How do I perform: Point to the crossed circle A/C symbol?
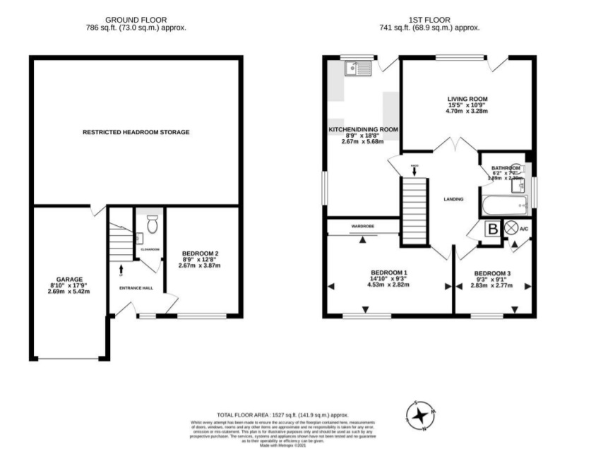tap(510, 229)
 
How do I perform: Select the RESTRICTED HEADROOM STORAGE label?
tap(136, 132)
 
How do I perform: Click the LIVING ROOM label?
tap(467, 99)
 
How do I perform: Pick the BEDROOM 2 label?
tap(200, 253)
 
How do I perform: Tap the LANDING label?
tap(453, 199)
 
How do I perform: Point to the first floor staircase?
tap(414, 211)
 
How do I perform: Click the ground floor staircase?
tap(121, 244)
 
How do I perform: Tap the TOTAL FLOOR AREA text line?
tap(282, 415)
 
